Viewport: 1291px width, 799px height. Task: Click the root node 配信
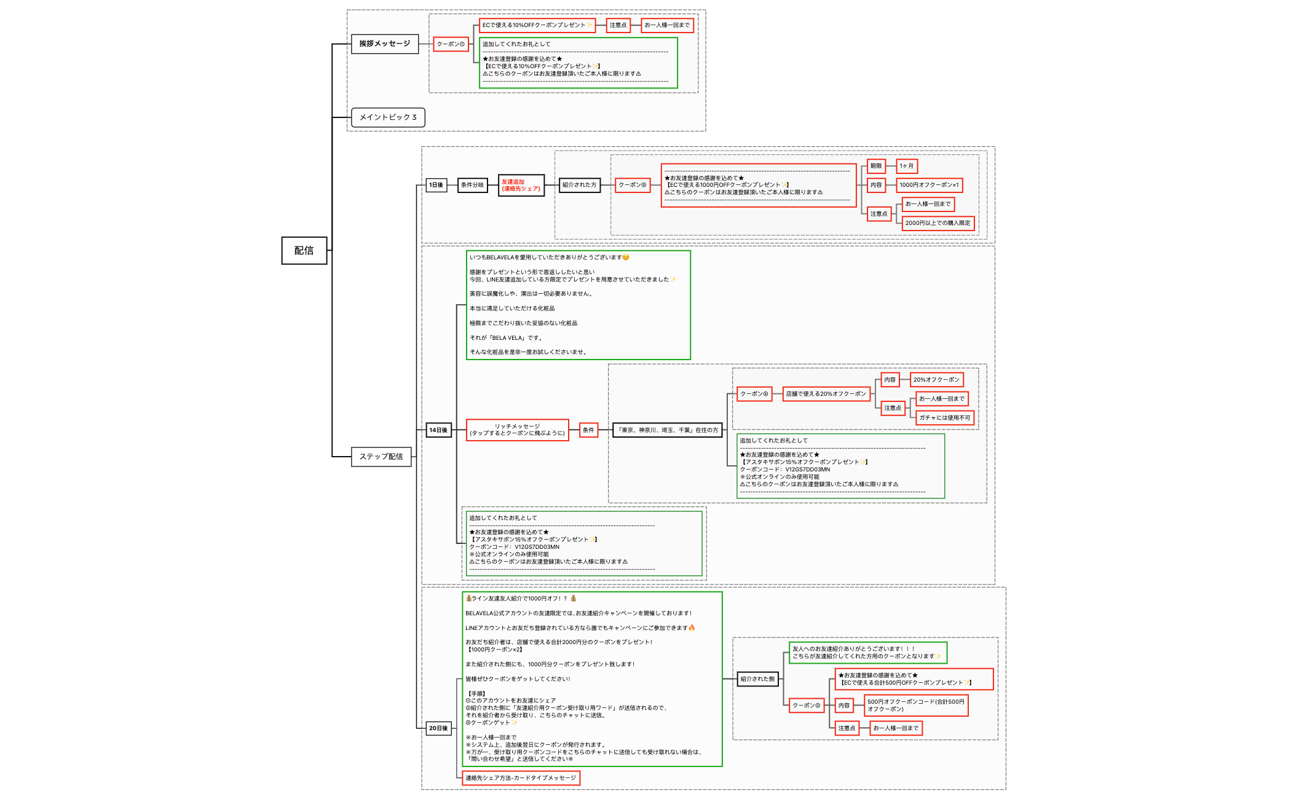(x=304, y=250)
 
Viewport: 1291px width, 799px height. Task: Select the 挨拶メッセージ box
(x=385, y=44)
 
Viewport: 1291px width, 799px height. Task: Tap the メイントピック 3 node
(x=388, y=117)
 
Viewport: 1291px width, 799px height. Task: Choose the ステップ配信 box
(x=381, y=457)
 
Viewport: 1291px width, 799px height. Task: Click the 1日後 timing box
(x=436, y=185)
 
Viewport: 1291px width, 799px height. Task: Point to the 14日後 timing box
(x=438, y=430)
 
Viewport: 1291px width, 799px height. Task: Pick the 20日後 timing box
(x=438, y=728)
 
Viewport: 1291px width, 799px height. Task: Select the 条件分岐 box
(x=472, y=185)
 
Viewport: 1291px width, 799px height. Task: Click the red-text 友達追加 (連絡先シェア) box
(x=521, y=185)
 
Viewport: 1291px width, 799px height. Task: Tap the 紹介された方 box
(x=579, y=185)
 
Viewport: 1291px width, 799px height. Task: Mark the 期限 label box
(x=876, y=166)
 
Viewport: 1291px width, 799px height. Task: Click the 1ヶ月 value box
(x=906, y=166)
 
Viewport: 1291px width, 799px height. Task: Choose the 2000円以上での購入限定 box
(x=938, y=223)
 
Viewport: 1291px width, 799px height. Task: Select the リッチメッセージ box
(x=517, y=430)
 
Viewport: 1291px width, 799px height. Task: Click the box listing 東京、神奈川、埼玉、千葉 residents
(x=668, y=430)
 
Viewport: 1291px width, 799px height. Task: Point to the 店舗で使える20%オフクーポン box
(x=826, y=394)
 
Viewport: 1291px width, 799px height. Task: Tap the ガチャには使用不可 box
(x=944, y=418)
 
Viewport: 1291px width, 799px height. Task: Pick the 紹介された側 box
(x=757, y=679)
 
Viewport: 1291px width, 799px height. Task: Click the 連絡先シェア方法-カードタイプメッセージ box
(x=521, y=778)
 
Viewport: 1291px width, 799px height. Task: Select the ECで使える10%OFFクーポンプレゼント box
(x=537, y=25)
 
